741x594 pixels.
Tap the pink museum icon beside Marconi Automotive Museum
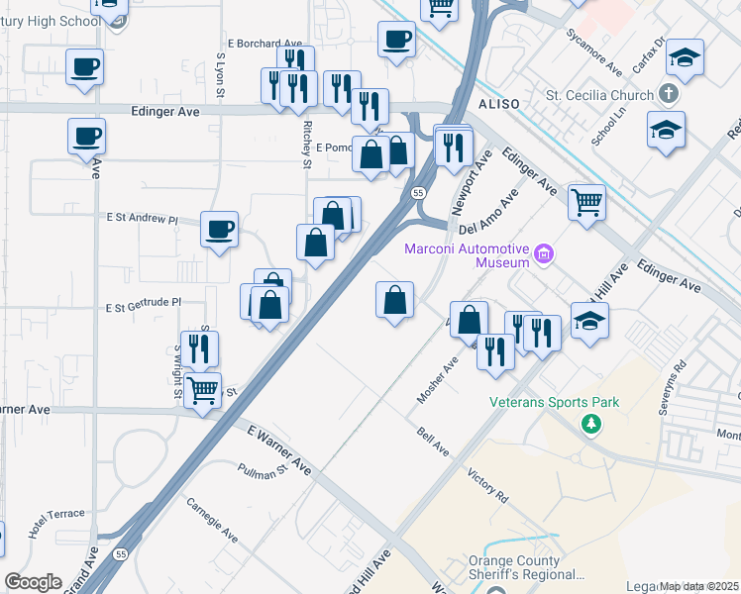tap(543, 255)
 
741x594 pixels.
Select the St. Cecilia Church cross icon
tap(670, 95)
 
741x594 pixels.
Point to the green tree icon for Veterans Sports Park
tap(591, 424)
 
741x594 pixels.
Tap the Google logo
tap(33, 582)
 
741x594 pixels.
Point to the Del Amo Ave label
tap(488, 213)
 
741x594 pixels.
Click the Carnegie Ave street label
tap(212, 518)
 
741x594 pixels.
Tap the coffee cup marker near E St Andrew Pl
tap(219, 230)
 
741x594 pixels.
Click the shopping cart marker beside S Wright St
tap(203, 390)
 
